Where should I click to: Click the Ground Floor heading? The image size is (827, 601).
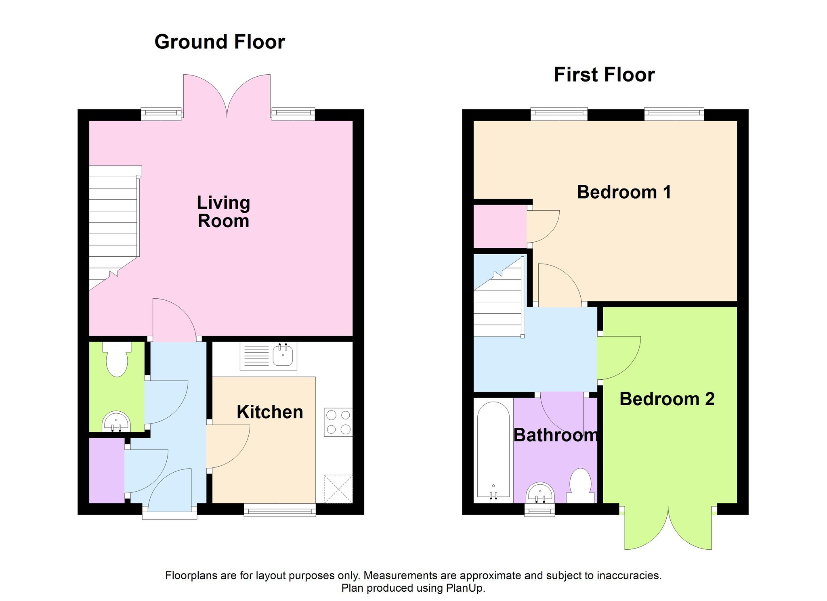coord(220,42)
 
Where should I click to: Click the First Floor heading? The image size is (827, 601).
coord(604,75)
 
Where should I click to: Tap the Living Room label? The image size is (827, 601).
coord(223,212)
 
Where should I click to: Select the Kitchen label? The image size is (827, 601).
coord(270,412)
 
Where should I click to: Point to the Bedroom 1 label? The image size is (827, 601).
coord(624,192)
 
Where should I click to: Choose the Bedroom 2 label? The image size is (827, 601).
coord(667,399)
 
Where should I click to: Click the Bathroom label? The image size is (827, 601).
coord(556,435)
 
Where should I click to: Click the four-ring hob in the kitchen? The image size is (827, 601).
coord(338,422)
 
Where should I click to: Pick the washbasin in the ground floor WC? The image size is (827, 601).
coord(116,421)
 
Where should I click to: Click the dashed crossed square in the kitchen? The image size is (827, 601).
coord(338,489)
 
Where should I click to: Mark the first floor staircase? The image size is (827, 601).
coord(499,297)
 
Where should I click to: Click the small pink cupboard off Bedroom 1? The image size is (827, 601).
coord(500,226)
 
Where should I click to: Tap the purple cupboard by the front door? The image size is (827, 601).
coord(107,471)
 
